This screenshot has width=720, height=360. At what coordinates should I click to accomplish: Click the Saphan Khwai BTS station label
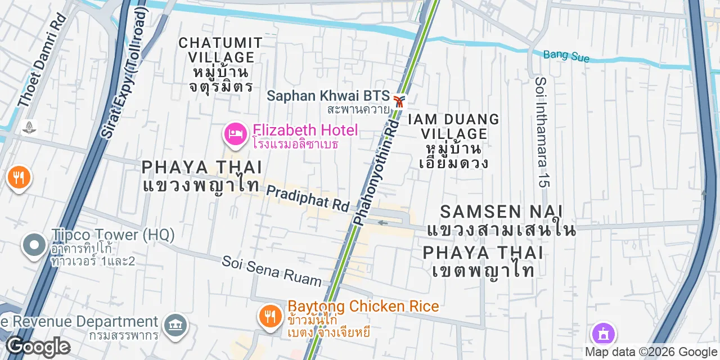pos(328,96)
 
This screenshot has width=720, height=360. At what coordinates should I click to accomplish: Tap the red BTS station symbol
pos(399,101)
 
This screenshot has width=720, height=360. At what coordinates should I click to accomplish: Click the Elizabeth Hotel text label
pos(305,130)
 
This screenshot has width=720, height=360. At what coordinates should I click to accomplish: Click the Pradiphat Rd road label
pos(307,199)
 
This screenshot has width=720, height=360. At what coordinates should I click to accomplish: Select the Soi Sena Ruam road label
pos(272,271)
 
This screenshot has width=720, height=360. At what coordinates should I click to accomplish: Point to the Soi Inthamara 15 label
pos(542,132)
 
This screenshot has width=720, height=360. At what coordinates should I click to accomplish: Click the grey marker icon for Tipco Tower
pos(34,245)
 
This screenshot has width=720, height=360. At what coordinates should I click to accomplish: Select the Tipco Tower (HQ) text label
pos(112,235)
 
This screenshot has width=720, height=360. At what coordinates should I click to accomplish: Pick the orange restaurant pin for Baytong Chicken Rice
pos(271,317)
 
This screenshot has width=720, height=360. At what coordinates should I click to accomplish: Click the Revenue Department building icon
pos(176,325)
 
